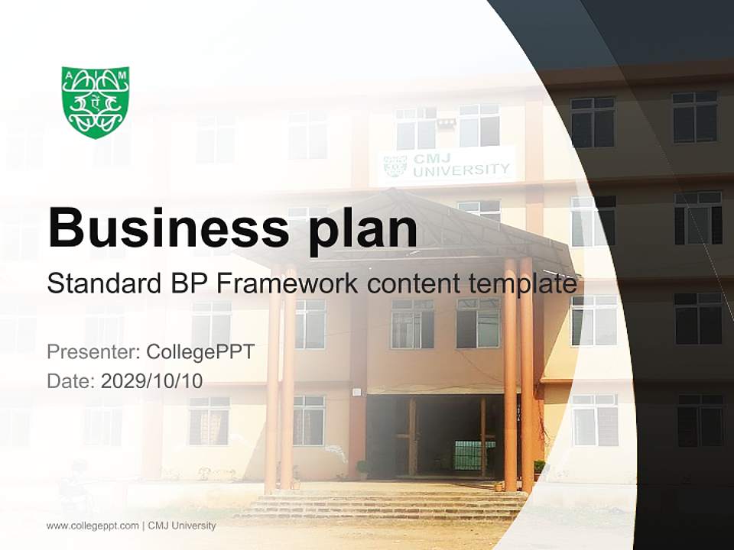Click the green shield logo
96,102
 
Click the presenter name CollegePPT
200,352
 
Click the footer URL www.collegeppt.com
93,526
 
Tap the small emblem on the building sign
395,165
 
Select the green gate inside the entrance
474,455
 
